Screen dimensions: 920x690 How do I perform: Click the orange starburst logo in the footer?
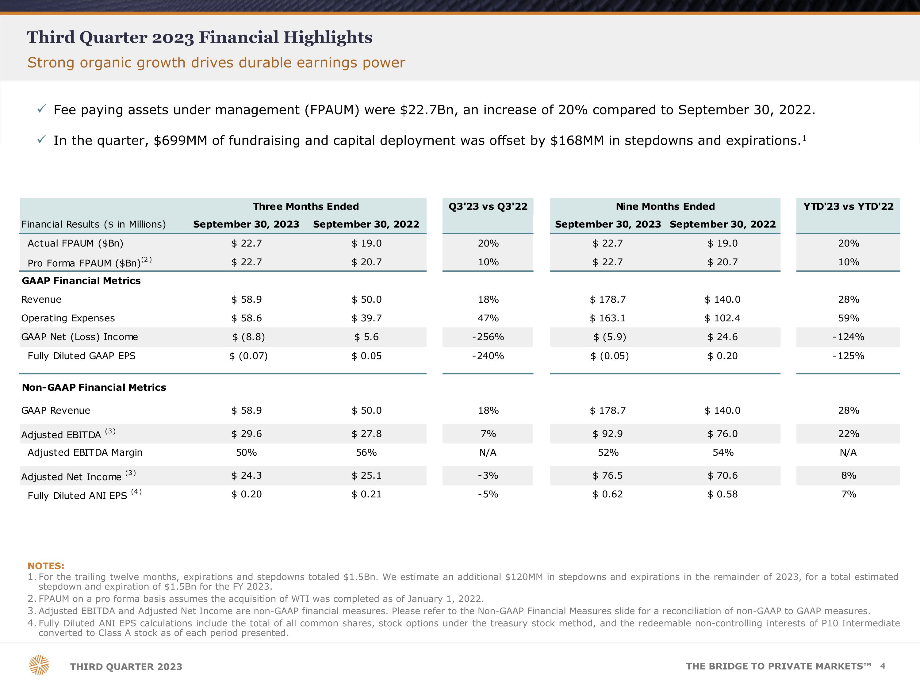point(39,665)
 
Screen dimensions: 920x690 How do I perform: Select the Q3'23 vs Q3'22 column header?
point(488,206)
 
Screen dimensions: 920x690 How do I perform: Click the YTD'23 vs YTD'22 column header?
point(849,206)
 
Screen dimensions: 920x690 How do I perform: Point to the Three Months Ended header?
point(306,206)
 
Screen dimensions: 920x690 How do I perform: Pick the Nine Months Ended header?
point(665,206)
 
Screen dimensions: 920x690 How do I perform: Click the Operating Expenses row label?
point(68,318)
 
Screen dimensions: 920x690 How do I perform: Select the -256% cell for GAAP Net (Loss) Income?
point(488,337)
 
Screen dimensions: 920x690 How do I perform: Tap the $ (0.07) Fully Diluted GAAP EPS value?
point(248,356)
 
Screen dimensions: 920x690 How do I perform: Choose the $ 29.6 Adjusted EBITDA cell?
point(247,434)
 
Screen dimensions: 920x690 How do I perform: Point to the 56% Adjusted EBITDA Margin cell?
point(366,453)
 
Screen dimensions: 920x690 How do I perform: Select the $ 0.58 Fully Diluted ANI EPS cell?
point(723,494)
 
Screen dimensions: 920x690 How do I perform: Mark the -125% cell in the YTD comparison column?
point(849,356)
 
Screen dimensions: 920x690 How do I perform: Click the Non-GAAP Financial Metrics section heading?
point(94,387)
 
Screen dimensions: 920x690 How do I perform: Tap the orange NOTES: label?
point(46,566)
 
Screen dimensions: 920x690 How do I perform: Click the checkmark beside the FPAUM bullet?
point(41,109)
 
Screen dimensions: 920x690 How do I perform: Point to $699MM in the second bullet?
point(181,140)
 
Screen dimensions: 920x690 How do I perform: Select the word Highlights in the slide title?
point(328,37)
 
